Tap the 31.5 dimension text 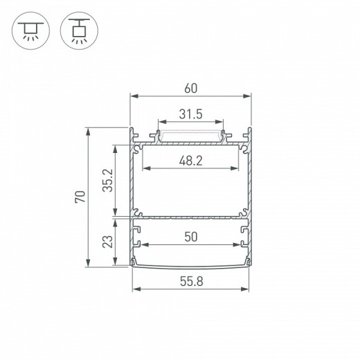(x=190, y=115)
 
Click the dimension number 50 (x=191, y=237)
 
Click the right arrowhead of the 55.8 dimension (x=246, y=287)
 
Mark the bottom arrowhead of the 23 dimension (x=115, y=263)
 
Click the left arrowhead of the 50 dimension (x=145, y=246)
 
